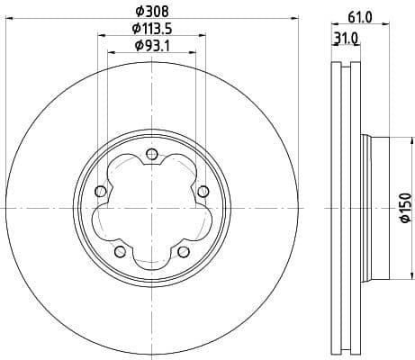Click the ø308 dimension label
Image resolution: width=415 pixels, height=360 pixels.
[150, 12]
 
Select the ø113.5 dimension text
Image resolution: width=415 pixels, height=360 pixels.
[150, 29]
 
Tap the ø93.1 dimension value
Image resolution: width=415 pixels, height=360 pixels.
[150, 45]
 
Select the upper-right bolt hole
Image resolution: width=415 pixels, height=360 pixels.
[203, 189]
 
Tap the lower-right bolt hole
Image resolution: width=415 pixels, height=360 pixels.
[183, 251]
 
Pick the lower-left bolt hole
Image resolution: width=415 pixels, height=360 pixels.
[118, 251]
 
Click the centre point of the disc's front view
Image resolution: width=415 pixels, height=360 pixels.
[150, 208]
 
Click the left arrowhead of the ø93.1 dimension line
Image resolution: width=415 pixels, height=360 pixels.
[111, 54]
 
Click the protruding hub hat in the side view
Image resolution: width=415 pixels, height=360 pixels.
[377, 208]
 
